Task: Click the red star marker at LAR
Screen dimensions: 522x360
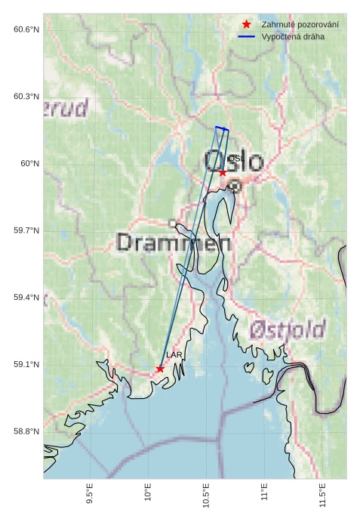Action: click(x=160, y=369)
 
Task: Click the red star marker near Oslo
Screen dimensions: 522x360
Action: click(x=223, y=173)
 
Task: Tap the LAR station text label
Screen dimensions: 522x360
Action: click(x=174, y=354)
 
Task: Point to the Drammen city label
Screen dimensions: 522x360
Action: click(x=174, y=242)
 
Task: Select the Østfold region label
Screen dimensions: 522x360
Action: click(x=287, y=330)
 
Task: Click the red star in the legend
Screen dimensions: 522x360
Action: click(x=247, y=25)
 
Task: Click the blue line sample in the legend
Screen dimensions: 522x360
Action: click(x=247, y=37)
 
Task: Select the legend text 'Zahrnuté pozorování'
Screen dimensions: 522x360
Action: click(x=300, y=25)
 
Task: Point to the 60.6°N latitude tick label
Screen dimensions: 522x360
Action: click(x=26, y=29)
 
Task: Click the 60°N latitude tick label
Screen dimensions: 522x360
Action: click(x=29, y=164)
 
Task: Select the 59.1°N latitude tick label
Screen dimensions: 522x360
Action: click(x=26, y=365)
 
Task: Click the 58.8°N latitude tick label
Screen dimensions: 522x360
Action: click(x=26, y=431)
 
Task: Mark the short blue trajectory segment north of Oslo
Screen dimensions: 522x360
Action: click(x=221, y=128)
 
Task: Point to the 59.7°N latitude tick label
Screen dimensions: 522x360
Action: click(x=26, y=230)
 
